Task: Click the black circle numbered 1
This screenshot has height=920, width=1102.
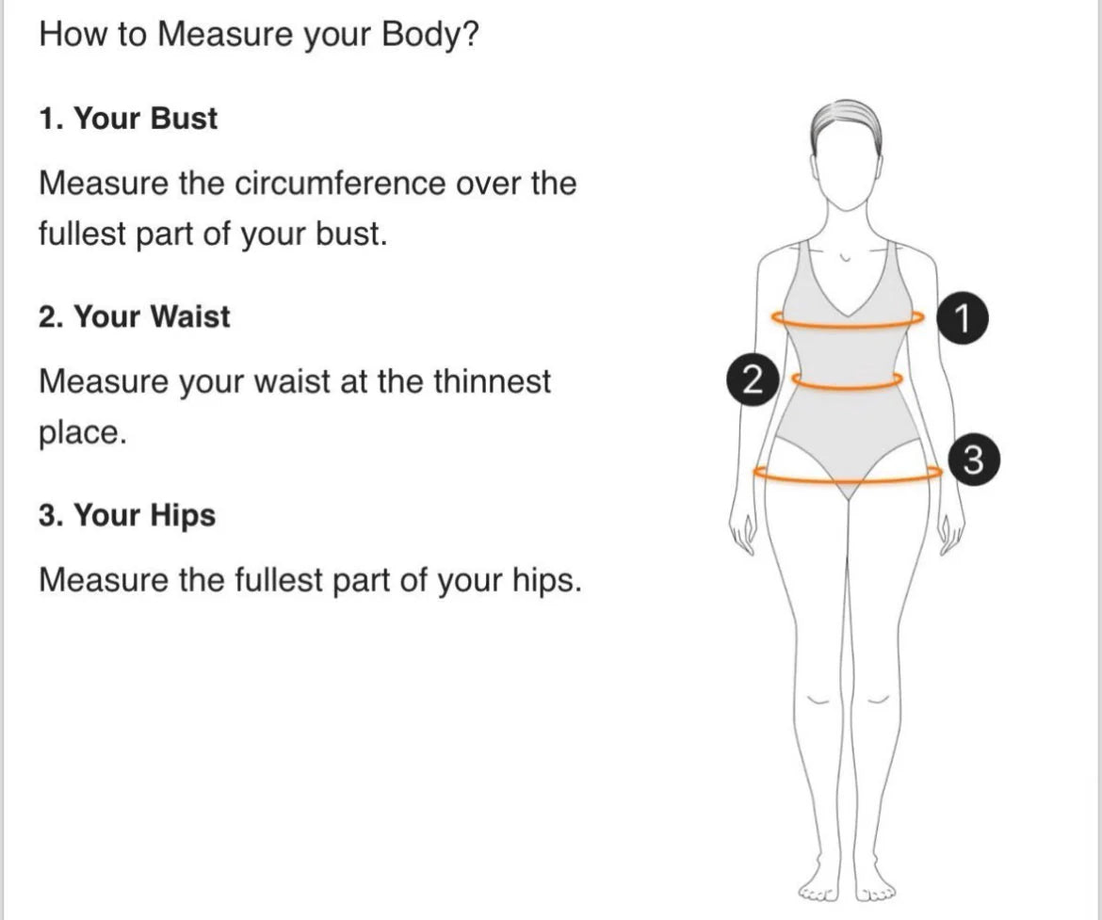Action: click(x=963, y=317)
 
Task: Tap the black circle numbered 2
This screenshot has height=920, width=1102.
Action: click(x=752, y=380)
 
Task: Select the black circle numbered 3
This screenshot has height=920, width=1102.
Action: click(x=973, y=460)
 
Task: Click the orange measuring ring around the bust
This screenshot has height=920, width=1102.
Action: click(x=848, y=326)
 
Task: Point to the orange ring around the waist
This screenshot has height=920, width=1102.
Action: click(x=847, y=387)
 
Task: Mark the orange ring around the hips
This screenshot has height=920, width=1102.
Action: click(x=848, y=481)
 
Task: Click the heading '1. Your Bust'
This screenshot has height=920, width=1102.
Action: click(x=128, y=118)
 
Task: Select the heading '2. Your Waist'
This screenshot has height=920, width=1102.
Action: click(x=135, y=316)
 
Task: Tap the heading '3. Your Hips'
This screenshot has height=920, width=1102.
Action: click(x=127, y=514)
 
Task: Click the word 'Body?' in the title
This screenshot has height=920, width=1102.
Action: click(x=430, y=34)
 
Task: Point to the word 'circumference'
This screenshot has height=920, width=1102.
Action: click(x=339, y=184)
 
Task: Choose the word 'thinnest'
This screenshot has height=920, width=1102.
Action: click(x=492, y=381)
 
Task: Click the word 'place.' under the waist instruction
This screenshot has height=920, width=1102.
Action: click(x=83, y=433)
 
